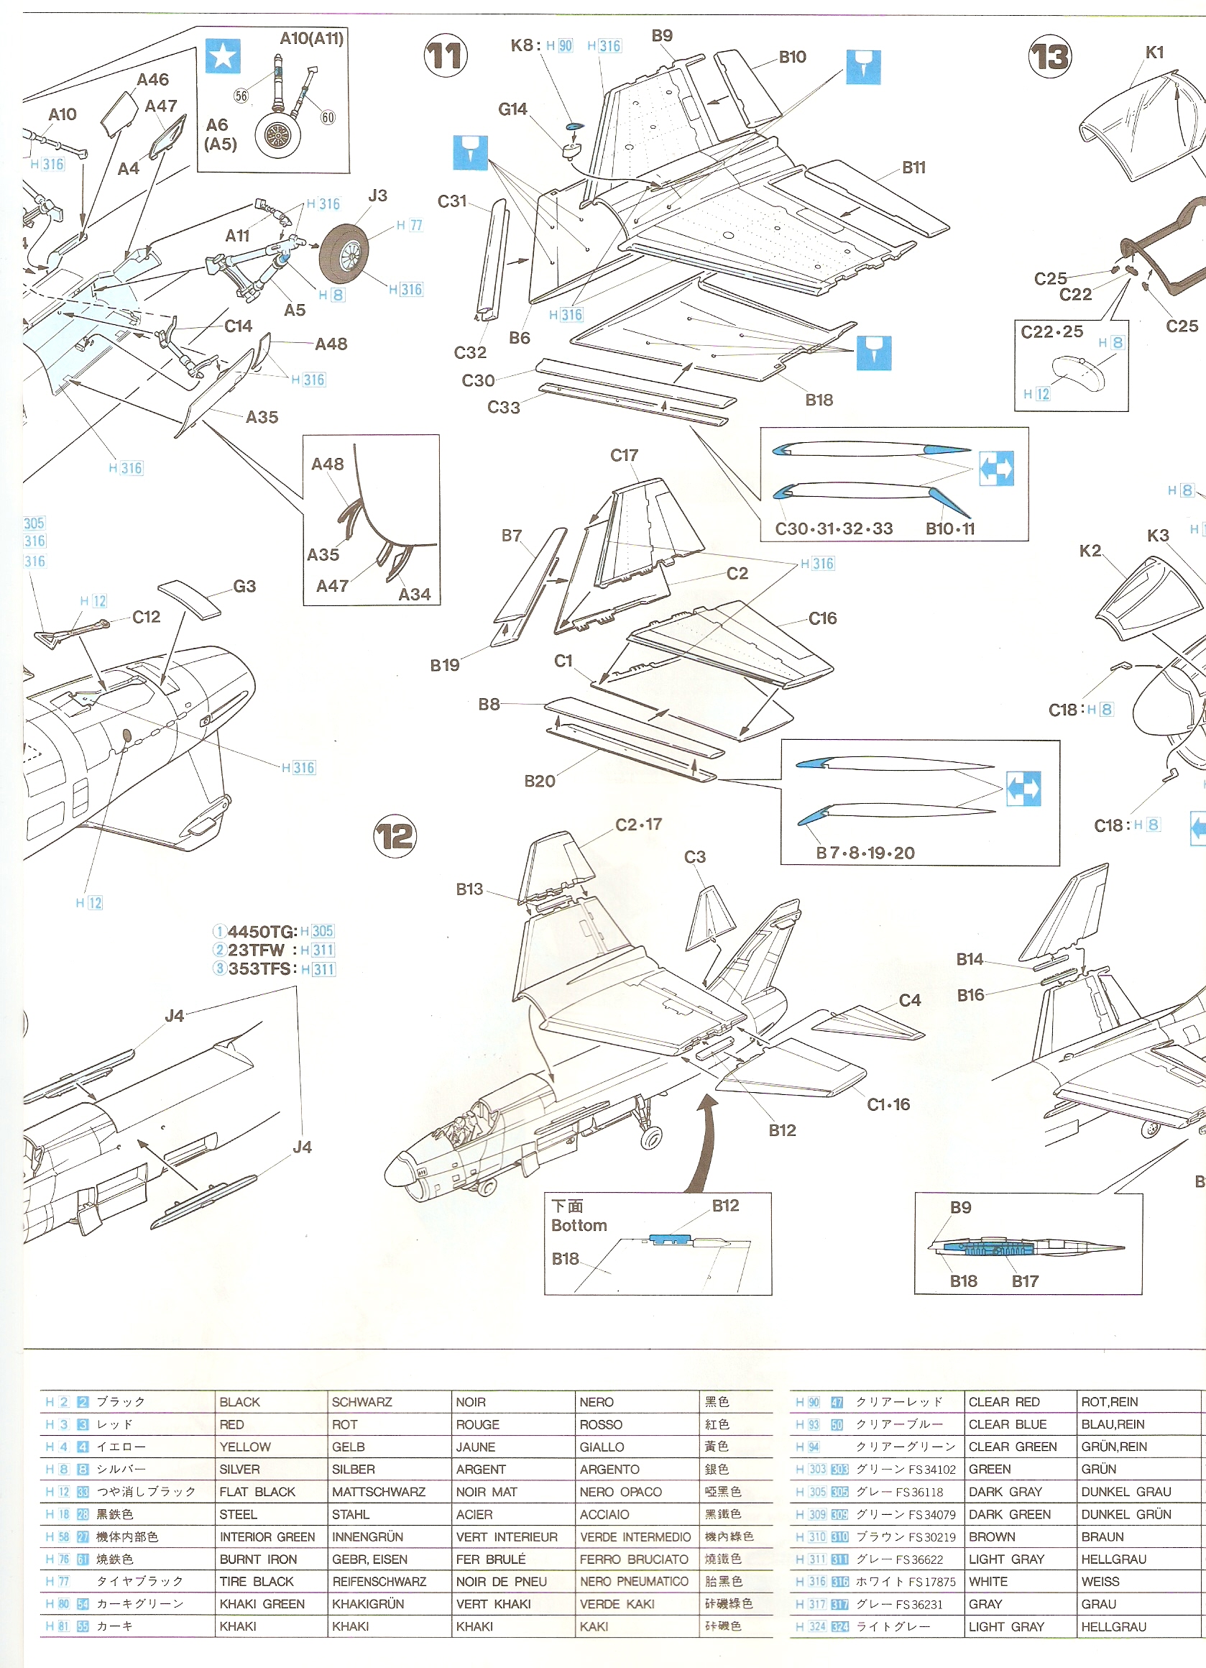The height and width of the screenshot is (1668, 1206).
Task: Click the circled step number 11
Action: click(x=446, y=56)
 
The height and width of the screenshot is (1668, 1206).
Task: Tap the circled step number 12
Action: click(x=395, y=836)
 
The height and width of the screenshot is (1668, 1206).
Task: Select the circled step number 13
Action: click(x=1049, y=57)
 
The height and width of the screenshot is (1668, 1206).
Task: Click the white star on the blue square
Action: click(x=223, y=56)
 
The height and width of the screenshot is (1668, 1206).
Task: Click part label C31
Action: click(x=452, y=201)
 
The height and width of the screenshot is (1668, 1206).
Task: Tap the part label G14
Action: click(x=512, y=109)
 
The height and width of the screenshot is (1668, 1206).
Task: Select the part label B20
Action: click(x=540, y=781)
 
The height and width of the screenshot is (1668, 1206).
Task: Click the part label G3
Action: click(x=245, y=586)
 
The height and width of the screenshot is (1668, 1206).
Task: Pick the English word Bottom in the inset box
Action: click(x=579, y=1225)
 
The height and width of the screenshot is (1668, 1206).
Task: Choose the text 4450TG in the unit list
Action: click(x=262, y=932)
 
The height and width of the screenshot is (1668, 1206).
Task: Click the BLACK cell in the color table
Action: click(x=240, y=1402)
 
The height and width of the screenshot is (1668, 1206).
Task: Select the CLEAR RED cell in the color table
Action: click(x=1004, y=1402)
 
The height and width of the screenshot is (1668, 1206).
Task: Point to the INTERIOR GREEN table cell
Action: click(x=267, y=1536)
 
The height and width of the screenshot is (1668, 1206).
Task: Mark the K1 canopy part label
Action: click(x=1154, y=52)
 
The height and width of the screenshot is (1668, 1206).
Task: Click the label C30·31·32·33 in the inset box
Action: click(x=834, y=528)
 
